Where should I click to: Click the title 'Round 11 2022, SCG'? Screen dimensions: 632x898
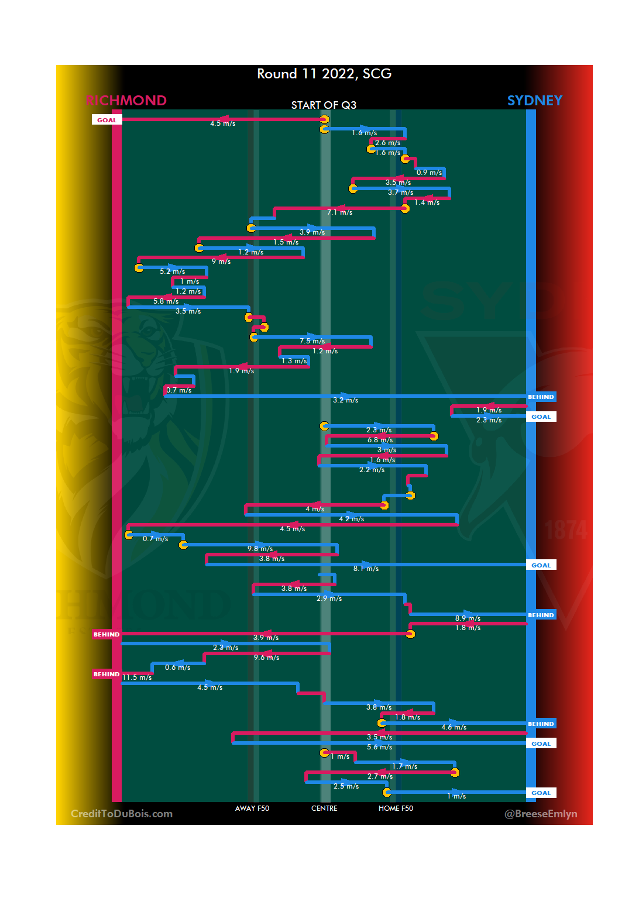(324, 74)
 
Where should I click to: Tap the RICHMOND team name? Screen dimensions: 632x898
(126, 101)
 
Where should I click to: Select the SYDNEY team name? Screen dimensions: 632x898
(534, 101)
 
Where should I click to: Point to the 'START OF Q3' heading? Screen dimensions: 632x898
(324, 105)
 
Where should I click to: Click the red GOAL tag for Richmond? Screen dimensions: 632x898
(107, 120)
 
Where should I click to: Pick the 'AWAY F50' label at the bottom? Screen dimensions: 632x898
(252, 808)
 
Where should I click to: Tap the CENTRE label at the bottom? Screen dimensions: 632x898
(324, 808)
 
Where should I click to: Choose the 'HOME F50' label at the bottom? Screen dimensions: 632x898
(396, 808)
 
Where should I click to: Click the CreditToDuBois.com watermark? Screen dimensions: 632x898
(122, 814)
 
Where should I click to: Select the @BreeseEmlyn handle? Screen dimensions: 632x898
(541, 814)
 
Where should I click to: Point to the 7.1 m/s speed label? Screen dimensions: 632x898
(340, 212)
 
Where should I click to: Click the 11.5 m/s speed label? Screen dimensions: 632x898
(137, 677)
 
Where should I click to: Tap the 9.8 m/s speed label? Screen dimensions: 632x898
(260, 549)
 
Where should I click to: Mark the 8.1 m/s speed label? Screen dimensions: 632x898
(366, 569)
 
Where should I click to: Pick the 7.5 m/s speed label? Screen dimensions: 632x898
(312, 341)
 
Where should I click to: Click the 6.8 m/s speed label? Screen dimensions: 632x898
(380, 440)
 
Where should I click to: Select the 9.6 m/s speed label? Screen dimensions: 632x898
(266, 658)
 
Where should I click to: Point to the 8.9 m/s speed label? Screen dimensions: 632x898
(468, 618)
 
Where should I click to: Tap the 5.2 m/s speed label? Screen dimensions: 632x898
(172, 271)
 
